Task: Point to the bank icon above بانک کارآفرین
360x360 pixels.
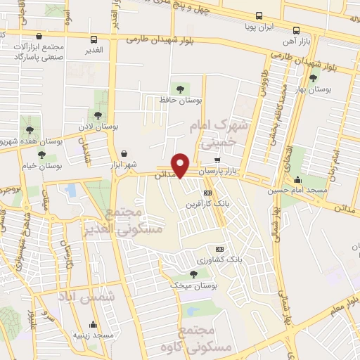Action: [x=207, y=192]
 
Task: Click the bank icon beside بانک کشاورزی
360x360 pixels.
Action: [x=219, y=248]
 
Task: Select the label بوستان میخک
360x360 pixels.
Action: [x=193, y=286]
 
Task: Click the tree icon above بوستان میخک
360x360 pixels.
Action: [x=193, y=274]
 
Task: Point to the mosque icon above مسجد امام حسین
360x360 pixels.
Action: [x=297, y=179]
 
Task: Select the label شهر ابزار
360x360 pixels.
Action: [x=120, y=165]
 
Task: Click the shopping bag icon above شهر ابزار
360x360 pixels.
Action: [x=124, y=153]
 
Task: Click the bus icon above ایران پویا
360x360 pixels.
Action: [x=258, y=15]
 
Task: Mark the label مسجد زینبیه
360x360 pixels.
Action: [x=97, y=336]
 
